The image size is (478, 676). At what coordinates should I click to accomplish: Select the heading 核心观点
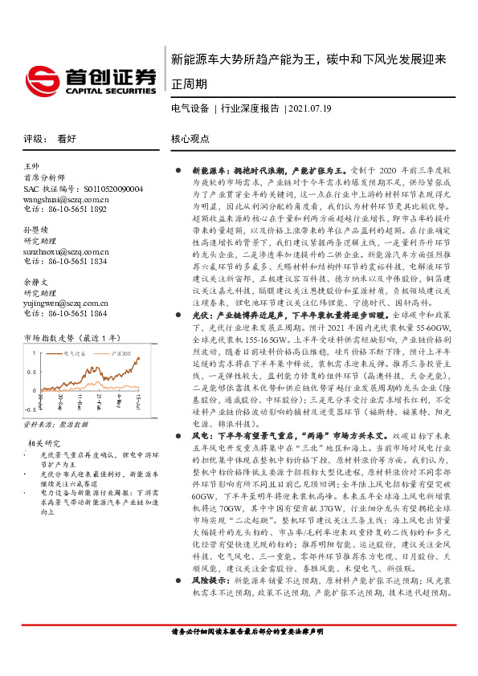pyautogui.click(x=190, y=138)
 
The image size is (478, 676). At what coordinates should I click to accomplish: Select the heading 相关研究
pyautogui.click(x=43, y=443)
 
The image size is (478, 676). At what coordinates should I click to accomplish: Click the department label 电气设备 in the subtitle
pyautogui.click(x=190, y=108)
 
